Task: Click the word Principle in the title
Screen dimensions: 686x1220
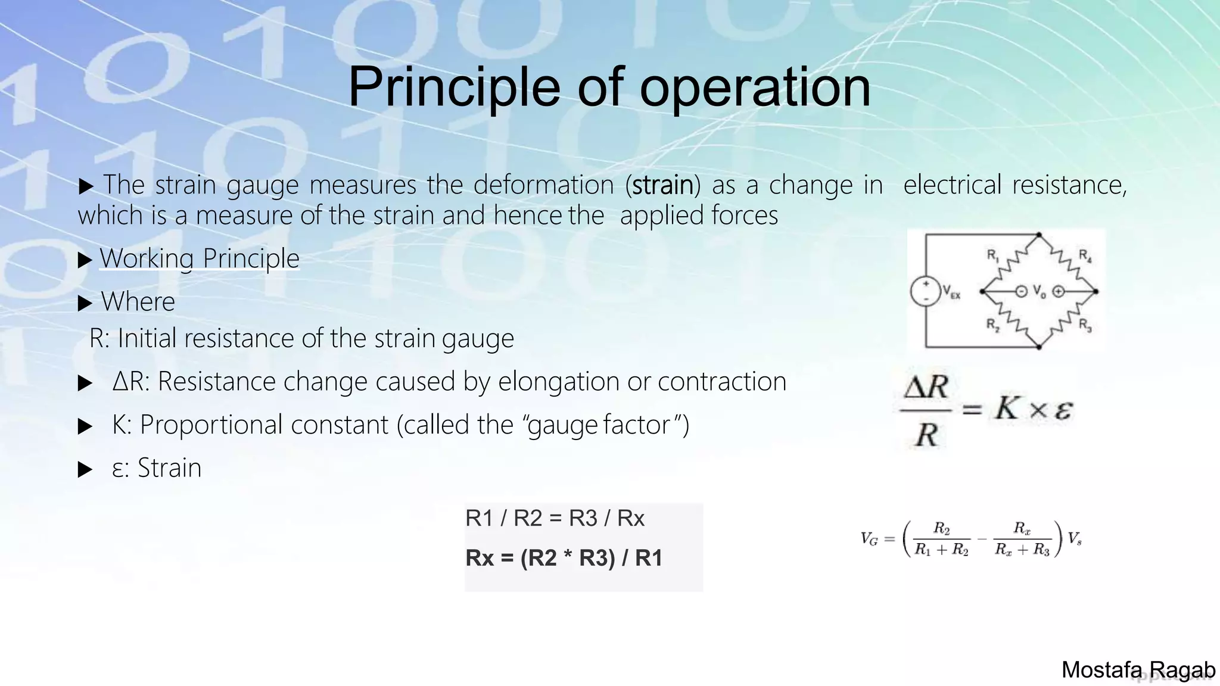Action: click(x=453, y=88)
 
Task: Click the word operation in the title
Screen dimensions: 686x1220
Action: click(x=755, y=88)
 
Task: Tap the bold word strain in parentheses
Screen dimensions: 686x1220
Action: click(x=662, y=185)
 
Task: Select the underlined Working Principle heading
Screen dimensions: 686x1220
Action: click(x=199, y=259)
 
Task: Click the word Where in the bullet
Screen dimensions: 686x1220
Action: click(x=138, y=302)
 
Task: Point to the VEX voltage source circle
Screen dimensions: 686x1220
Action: click(x=925, y=292)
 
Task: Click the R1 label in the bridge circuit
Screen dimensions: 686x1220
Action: click(x=992, y=255)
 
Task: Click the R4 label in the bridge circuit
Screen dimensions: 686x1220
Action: click(x=1085, y=255)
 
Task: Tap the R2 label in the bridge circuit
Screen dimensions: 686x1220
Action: click(x=992, y=325)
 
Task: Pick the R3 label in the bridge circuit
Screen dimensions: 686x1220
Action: click(x=1085, y=325)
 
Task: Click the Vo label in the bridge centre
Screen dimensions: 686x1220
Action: click(x=1039, y=292)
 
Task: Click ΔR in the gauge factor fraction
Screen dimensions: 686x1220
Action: click(x=926, y=388)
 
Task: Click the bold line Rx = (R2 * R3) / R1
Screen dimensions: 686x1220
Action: click(x=564, y=558)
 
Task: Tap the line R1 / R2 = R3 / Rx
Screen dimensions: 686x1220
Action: click(x=555, y=519)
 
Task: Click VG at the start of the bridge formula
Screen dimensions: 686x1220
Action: click(x=869, y=540)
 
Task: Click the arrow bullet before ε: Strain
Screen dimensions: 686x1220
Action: click(x=85, y=470)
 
